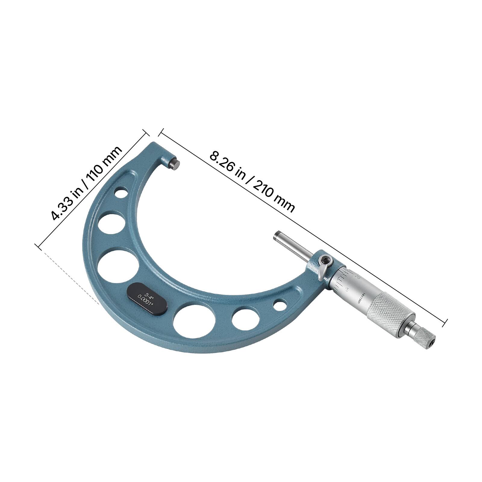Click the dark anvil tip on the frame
click(x=174, y=164)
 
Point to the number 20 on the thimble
click(x=358, y=276)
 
